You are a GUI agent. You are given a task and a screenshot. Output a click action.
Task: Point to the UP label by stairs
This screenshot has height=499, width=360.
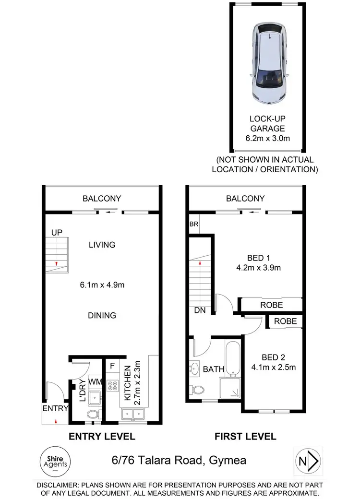57,233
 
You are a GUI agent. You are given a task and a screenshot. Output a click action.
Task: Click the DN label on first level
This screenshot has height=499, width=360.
200,310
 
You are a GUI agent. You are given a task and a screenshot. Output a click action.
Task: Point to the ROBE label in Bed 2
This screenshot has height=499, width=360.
285,321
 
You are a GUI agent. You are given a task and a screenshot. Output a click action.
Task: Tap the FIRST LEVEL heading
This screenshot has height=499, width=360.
246,436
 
